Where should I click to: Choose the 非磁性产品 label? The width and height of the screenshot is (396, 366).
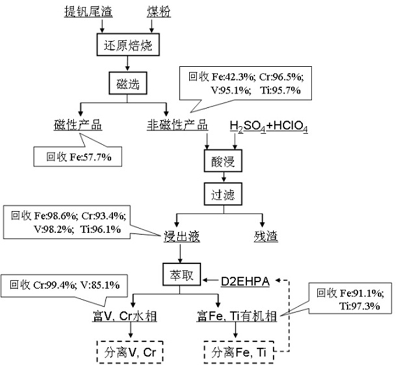click(176, 125)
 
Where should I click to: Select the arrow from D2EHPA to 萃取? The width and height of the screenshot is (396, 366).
click(209, 278)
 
